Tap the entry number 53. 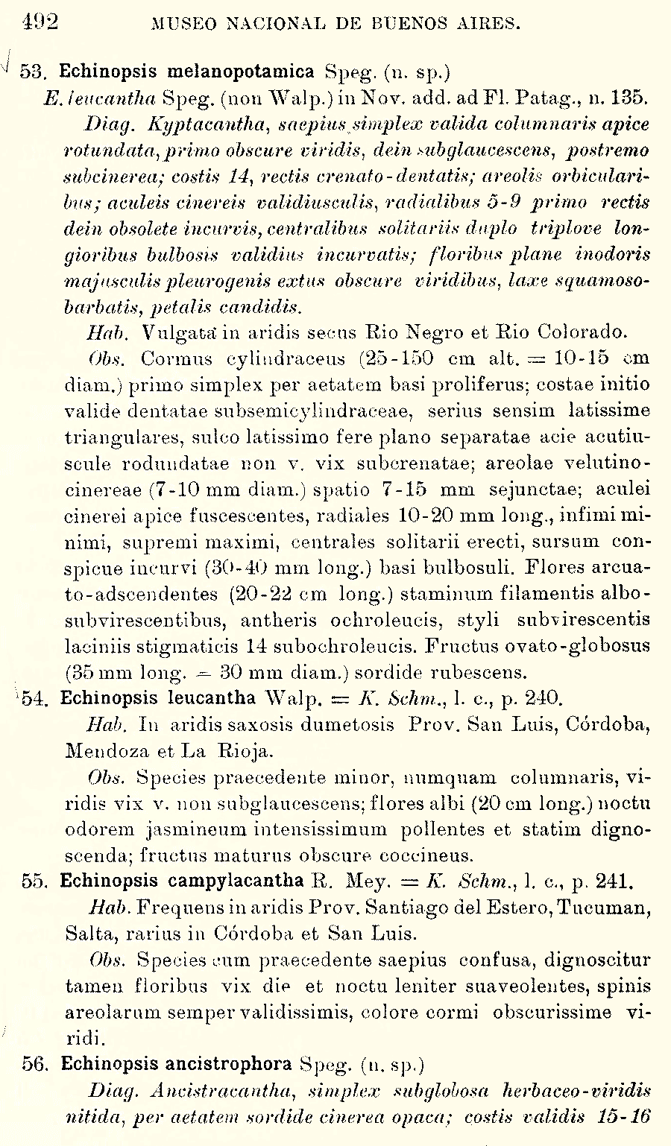(x=33, y=72)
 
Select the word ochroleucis (x=437, y=620)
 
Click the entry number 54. (x=35, y=699)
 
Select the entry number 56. (x=35, y=1064)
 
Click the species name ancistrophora (x=231, y=1064)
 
